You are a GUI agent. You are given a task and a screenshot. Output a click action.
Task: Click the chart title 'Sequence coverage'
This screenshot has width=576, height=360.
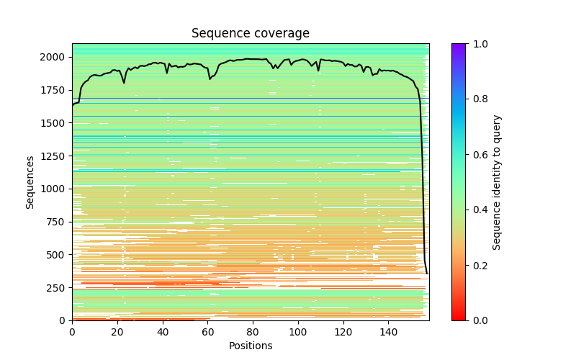(x=250, y=34)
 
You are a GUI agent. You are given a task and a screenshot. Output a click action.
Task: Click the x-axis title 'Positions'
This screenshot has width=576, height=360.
(x=250, y=346)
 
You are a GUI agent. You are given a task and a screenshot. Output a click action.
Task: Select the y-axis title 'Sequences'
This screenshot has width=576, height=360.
(x=30, y=181)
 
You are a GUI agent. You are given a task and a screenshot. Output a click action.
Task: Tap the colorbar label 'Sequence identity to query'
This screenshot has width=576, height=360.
(x=497, y=181)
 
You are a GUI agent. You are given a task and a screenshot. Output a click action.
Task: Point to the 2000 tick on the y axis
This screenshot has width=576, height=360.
(x=57, y=57)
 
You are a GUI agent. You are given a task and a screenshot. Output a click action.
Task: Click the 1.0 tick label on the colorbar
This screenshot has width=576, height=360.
(x=478, y=44)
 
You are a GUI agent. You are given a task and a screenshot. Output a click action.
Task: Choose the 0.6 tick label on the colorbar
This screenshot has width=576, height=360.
(x=478, y=155)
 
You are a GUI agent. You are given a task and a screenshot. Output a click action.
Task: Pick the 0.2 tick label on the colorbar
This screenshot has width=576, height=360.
(x=478, y=265)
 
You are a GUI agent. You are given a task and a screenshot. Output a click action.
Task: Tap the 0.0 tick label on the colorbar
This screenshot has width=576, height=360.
(x=478, y=320)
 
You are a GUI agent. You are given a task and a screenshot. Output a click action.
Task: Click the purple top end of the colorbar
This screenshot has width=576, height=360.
(x=458, y=46)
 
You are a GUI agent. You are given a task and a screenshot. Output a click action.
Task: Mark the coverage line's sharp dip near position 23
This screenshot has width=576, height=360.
(x=124, y=83)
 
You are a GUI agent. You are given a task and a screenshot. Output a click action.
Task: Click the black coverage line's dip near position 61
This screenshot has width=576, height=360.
(x=210, y=78)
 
